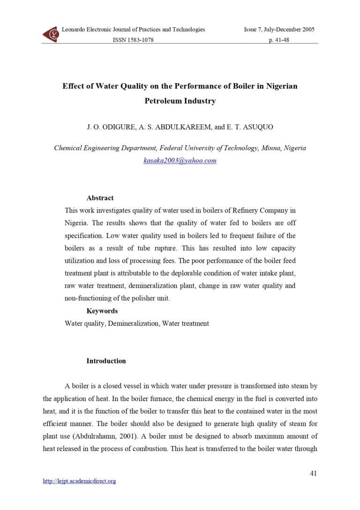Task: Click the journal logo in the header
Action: pos(51,34)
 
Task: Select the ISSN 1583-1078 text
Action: pos(133,40)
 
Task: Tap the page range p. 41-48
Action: pos(278,40)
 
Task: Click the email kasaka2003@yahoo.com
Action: pos(180,160)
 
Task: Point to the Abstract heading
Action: pos(100,198)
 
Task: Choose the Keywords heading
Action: pos(102,311)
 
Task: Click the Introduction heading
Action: pos(106,361)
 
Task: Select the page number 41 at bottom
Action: pos(314,473)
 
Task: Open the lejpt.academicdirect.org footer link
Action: pos(79,481)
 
